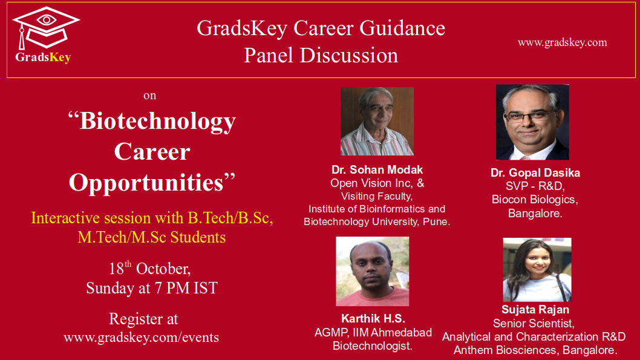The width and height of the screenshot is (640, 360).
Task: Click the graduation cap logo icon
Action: (x=46, y=28)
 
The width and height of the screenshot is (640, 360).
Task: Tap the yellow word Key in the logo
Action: (x=60, y=57)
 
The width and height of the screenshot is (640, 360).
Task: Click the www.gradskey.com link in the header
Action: (x=562, y=42)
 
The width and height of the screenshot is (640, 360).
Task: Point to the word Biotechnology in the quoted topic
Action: (x=157, y=121)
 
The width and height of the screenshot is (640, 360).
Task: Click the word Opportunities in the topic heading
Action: (x=146, y=182)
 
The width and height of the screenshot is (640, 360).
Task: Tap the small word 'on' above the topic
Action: (x=150, y=96)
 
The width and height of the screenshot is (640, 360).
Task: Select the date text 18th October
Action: (x=149, y=268)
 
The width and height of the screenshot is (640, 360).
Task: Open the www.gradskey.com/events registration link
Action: (x=141, y=338)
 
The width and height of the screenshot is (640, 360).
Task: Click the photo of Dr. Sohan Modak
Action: (x=377, y=121)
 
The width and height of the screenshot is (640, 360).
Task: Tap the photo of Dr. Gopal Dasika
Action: (x=532, y=122)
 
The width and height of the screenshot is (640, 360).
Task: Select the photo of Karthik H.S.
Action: (x=372, y=272)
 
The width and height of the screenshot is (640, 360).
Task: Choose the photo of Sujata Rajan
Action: (x=537, y=270)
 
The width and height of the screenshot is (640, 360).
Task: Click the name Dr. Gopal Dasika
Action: (x=535, y=172)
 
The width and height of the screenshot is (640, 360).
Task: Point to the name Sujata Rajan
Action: (x=535, y=309)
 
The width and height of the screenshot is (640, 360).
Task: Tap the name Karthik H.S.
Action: (x=373, y=318)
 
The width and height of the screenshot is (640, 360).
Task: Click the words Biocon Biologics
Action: (x=535, y=200)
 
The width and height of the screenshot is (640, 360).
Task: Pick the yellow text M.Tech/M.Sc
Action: (x=122, y=237)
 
